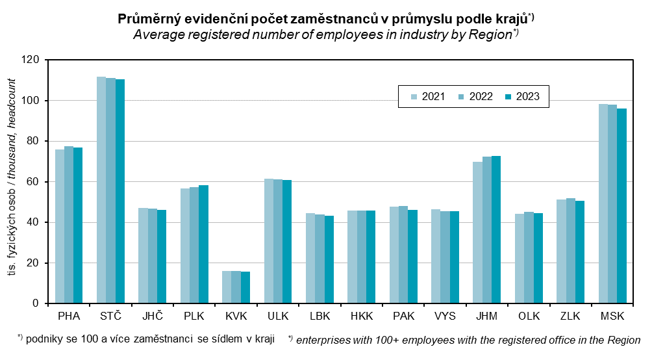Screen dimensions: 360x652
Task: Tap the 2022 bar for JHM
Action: tap(487, 230)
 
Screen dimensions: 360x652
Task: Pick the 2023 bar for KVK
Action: tap(245, 287)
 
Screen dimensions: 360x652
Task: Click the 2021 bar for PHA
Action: tap(60, 226)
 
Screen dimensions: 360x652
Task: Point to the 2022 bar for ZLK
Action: tap(571, 251)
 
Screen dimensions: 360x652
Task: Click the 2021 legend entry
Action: tap(428, 97)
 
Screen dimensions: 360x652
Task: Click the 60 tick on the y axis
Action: tap(33, 182)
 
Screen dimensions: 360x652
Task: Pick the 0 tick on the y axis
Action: tap(36, 303)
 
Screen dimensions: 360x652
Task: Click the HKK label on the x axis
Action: tap(362, 316)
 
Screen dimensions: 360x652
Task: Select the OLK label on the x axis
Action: tap(529, 316)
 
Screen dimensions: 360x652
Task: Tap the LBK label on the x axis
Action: tap(320, 316)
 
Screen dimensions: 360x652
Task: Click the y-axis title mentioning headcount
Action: tap(13, 182)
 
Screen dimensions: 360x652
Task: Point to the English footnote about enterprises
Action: tap(464, 339)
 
